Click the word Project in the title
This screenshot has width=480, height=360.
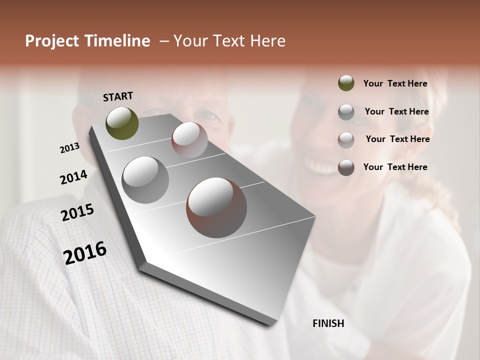pos(51,41)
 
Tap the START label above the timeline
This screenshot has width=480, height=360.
pos(118,96)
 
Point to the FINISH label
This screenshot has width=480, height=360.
pos(328,323)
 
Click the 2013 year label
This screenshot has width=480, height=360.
pos(69,148)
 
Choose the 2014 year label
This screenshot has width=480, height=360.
pos(73,177)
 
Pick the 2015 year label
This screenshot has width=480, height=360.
pos(77,212)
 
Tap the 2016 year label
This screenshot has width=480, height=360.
pos(85,253)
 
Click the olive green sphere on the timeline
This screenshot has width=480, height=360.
pos(122,123)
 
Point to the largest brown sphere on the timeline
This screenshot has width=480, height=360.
pos(216,207)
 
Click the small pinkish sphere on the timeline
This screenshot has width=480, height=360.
pos(189,140)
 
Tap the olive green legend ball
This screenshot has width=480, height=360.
pos(346,83)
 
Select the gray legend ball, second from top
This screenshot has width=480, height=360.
pos(346,112)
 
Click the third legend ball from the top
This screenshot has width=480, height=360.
pos(346,139)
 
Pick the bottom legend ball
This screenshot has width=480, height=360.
pos(346,167)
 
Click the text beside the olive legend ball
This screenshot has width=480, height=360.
pos(395,84)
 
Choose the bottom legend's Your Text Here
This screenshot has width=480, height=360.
pos(395,167)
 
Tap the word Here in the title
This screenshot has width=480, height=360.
pos(268,41)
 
